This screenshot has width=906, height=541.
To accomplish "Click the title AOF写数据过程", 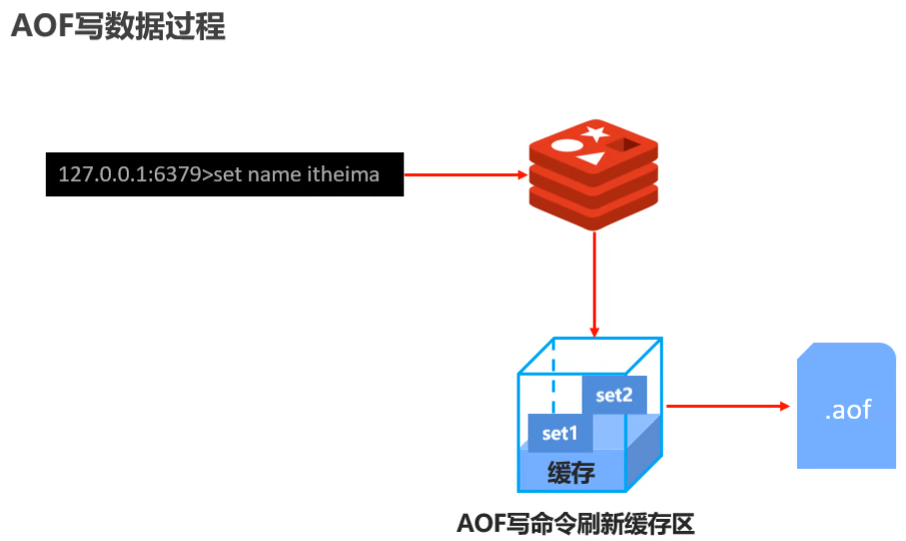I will coord(118,26).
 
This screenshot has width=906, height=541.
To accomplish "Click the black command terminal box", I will coord(225,174).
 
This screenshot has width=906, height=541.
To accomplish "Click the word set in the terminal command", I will coord(228,175).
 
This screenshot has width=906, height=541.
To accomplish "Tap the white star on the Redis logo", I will coord(596,131).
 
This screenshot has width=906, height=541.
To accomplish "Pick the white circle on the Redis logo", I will coord(565,146).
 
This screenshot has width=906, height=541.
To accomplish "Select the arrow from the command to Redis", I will coord(464,175).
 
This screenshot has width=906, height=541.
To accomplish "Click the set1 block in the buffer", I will coord(560,433).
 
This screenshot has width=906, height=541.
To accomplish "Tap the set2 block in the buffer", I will coord(614,394).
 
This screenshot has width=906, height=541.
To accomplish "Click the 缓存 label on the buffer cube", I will coord(571,472).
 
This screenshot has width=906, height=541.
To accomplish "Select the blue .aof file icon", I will coord(846,406).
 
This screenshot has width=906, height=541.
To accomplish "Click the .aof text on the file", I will coord(847,409).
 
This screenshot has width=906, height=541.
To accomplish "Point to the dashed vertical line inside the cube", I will coord(553,381).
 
